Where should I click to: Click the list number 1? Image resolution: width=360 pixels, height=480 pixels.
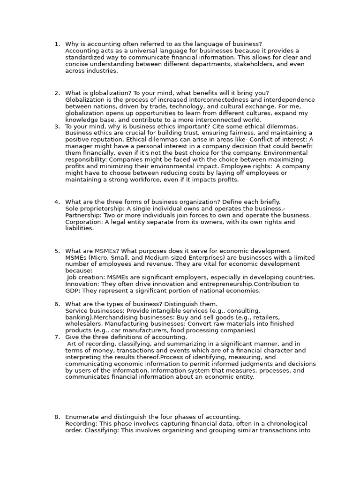point(56,44)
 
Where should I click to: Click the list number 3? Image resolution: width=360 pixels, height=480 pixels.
point(56,127)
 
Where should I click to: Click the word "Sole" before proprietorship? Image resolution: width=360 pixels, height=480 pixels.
point(72,209)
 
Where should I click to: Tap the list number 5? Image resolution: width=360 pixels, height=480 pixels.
point(56,251)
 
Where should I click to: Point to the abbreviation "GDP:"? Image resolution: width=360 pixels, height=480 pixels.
point(73,291)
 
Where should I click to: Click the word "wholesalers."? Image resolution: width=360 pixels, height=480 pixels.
point(84,324)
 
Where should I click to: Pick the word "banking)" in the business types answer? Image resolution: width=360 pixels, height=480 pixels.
point(78,317)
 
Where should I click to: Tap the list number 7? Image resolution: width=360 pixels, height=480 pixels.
point(56,337)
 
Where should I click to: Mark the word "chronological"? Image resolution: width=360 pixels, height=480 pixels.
point(285,423)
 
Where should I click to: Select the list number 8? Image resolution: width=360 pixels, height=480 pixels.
point(56,417)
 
